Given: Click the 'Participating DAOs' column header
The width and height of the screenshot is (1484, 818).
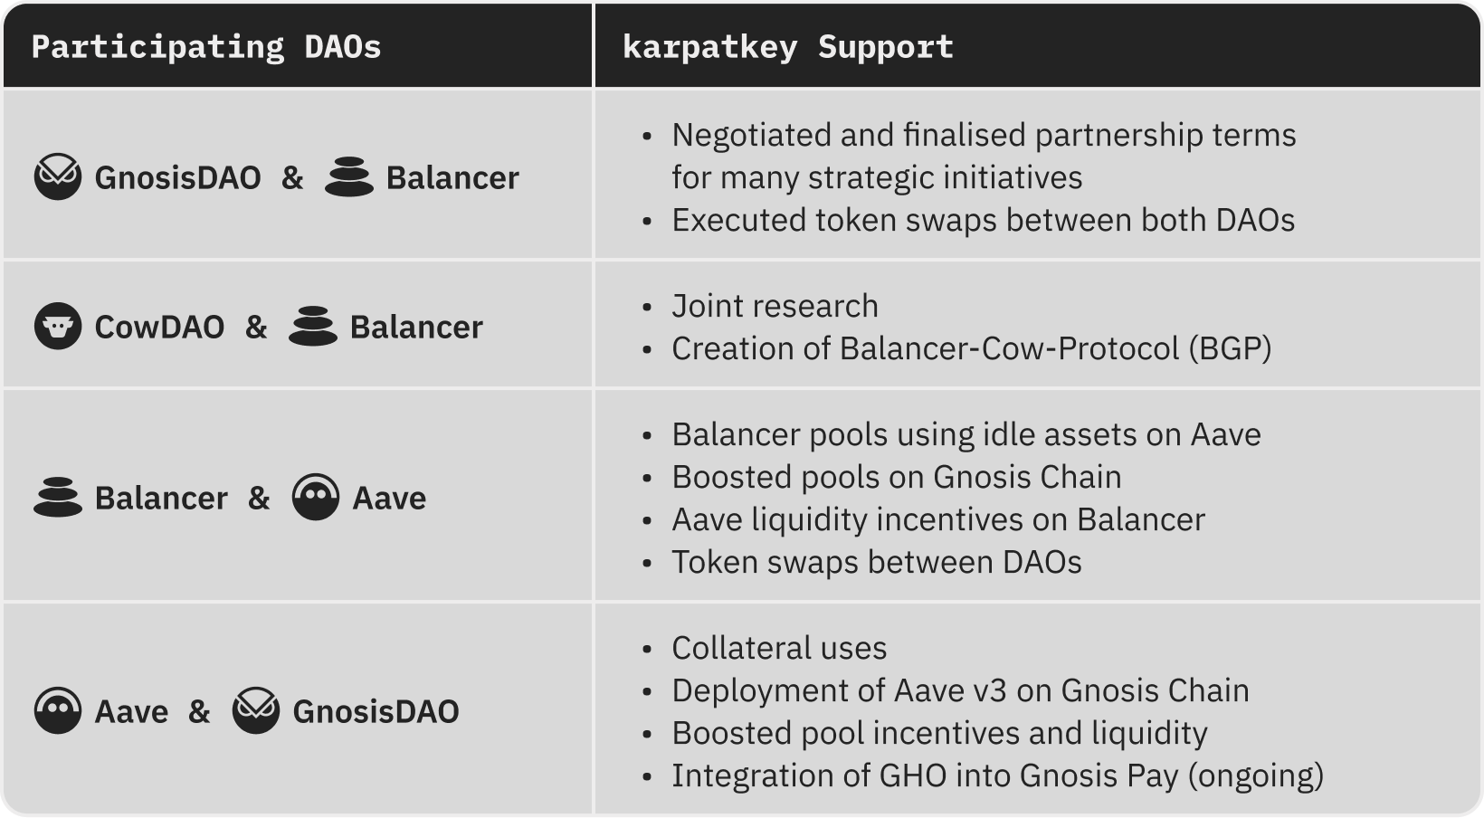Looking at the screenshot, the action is (206, 47).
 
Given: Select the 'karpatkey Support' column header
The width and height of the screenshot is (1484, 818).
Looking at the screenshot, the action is (788, 47).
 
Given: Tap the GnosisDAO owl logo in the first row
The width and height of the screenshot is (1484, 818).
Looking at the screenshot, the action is (58, 176).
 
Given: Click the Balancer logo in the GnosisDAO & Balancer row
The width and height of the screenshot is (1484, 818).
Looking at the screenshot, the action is (349, 176).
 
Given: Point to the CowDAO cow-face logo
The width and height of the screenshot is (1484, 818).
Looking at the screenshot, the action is (58, 326).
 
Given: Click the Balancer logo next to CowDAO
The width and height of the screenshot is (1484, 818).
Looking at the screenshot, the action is (313, 326).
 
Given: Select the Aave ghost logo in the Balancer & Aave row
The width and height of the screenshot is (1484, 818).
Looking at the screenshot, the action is (315, 497).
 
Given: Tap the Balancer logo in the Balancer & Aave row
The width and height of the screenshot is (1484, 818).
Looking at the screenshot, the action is (58, 497).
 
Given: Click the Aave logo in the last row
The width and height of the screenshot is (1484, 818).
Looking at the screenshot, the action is (58, 710).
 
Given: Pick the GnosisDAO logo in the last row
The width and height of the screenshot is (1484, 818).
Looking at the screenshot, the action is (256, 710).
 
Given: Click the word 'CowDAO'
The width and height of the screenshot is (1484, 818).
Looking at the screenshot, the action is (159, 328).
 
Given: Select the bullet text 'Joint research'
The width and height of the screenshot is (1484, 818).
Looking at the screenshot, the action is (775, 306).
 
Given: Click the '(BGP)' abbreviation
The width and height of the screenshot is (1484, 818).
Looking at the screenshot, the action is (1231, 348).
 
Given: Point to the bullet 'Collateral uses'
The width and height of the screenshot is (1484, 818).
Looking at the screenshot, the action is (779, 648).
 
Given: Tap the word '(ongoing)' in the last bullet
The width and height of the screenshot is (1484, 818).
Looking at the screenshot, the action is (1256, 775).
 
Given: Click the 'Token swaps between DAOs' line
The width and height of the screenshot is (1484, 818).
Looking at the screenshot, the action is (877, 562).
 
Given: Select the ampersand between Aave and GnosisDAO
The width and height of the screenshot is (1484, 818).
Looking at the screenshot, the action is (199, 712).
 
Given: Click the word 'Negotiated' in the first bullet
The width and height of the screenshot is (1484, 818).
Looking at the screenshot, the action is (751, 136).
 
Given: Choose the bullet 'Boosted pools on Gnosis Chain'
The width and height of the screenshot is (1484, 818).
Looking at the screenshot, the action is (897, 477).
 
